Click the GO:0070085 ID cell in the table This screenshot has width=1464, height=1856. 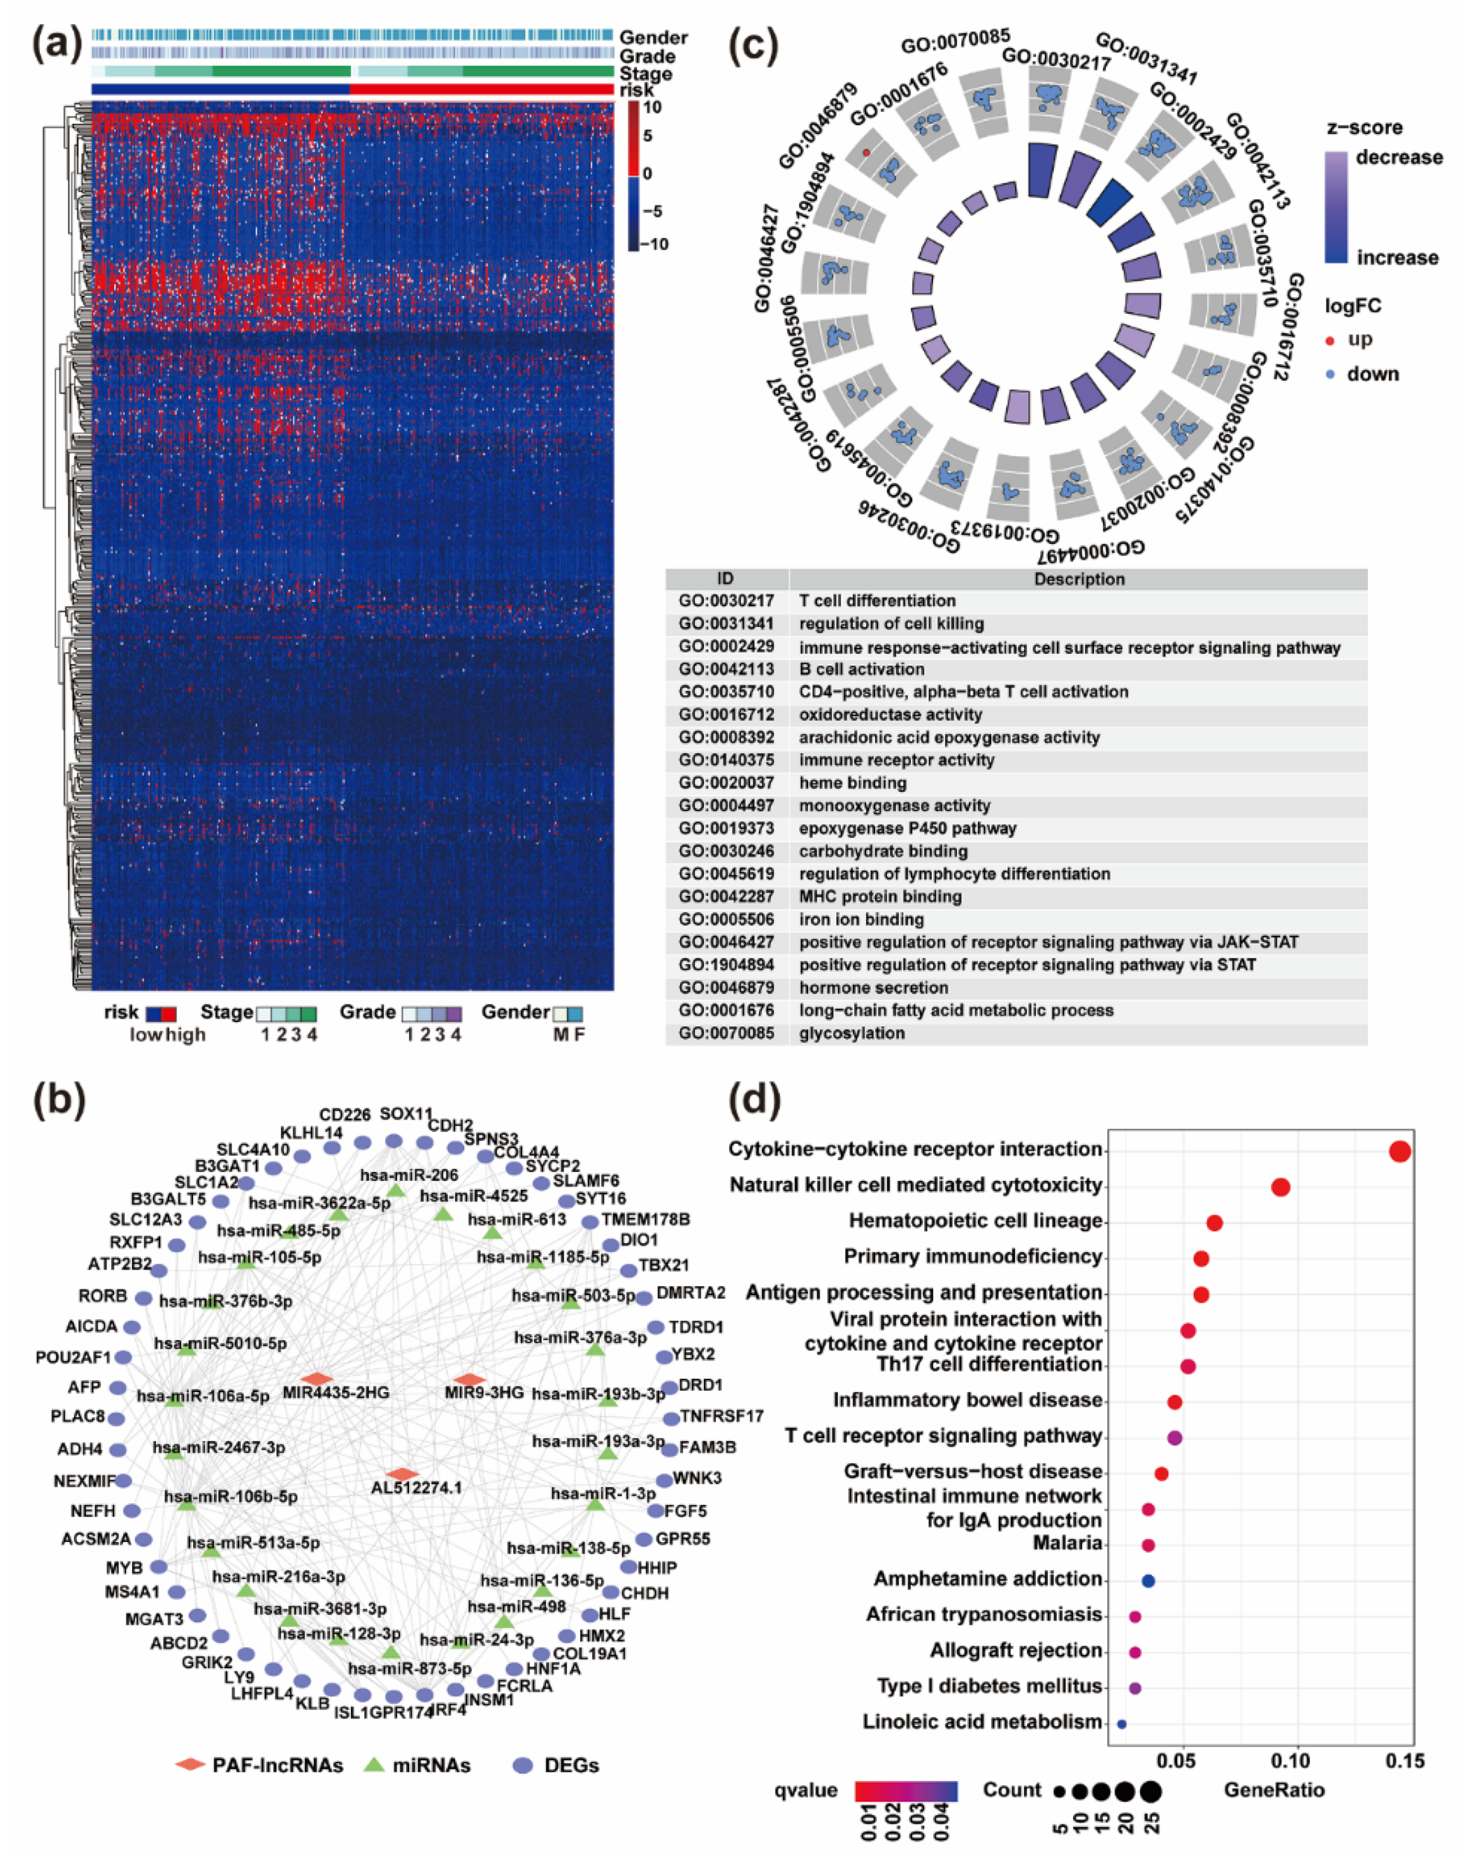click(x=726, y=1033)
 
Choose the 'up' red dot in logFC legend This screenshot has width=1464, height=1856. click(x=1330, y=341)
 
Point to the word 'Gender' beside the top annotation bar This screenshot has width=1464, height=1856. click(x=653, y=38)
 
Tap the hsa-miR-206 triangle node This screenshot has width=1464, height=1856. click(x=396, y=1191)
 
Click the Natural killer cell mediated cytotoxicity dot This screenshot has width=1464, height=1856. click(x=1281, y=1187)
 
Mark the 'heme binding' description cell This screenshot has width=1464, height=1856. click(x=852, y=783)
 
